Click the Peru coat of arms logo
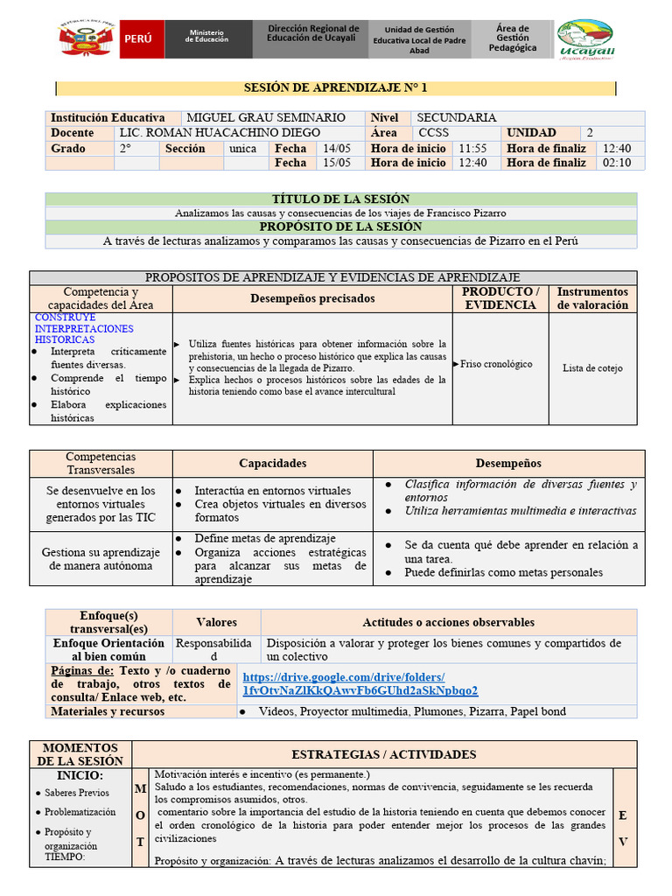click(x=87, y=39)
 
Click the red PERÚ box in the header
click(x=141, y=39)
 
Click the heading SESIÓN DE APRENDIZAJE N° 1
click(x=335, y=88)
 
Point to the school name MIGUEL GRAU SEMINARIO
click(x=266, y=117)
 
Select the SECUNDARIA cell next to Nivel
click(x=456, y=117)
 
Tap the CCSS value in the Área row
click(x=433, y=133)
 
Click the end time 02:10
click(x=616, y=163)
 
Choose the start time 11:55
click(x=472, y=148)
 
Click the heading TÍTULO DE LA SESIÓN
click(x=340, y=199)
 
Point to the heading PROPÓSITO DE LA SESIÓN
click(x=340, y=227)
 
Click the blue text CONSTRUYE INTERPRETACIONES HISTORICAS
click(x=84, y=328)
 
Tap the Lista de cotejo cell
click(x=592, y=368)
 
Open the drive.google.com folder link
click(x=360, y=683)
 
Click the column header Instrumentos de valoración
click(x=592, y=298)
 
